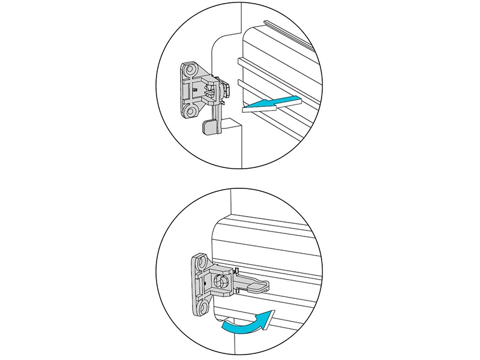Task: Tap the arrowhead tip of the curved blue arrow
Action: tap(274, 311)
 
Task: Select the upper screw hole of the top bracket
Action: tap(191, 71)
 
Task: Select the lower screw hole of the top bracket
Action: tap(191, 111)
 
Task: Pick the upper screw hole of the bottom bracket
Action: tap(200, 263)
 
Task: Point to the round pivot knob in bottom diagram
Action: tap(219, 280)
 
